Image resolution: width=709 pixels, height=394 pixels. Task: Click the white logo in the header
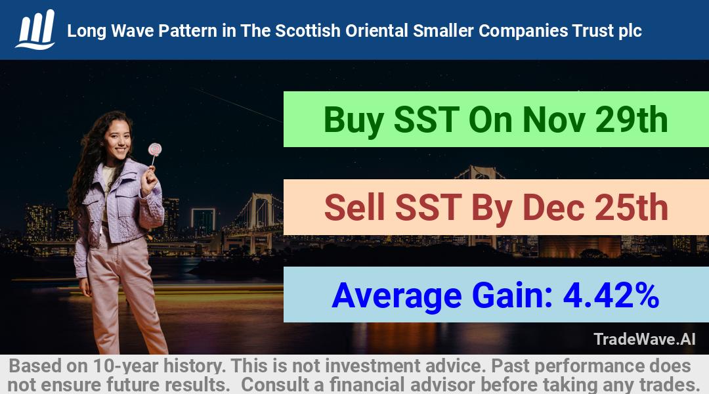click(35, 30)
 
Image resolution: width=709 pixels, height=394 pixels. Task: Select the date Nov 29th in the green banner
click(595, 120)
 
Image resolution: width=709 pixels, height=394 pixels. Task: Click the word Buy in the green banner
click(354, 121)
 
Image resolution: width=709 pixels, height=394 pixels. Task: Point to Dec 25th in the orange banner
click(595, 207)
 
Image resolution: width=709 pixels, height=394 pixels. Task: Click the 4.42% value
click(611, 295)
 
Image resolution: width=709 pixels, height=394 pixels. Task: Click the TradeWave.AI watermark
click(645, 339)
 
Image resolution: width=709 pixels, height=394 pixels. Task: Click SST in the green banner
click(427, 120)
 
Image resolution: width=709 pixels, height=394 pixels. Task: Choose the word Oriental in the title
click(377, 31)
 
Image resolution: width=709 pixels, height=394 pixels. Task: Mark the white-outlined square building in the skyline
click(203, 222)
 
